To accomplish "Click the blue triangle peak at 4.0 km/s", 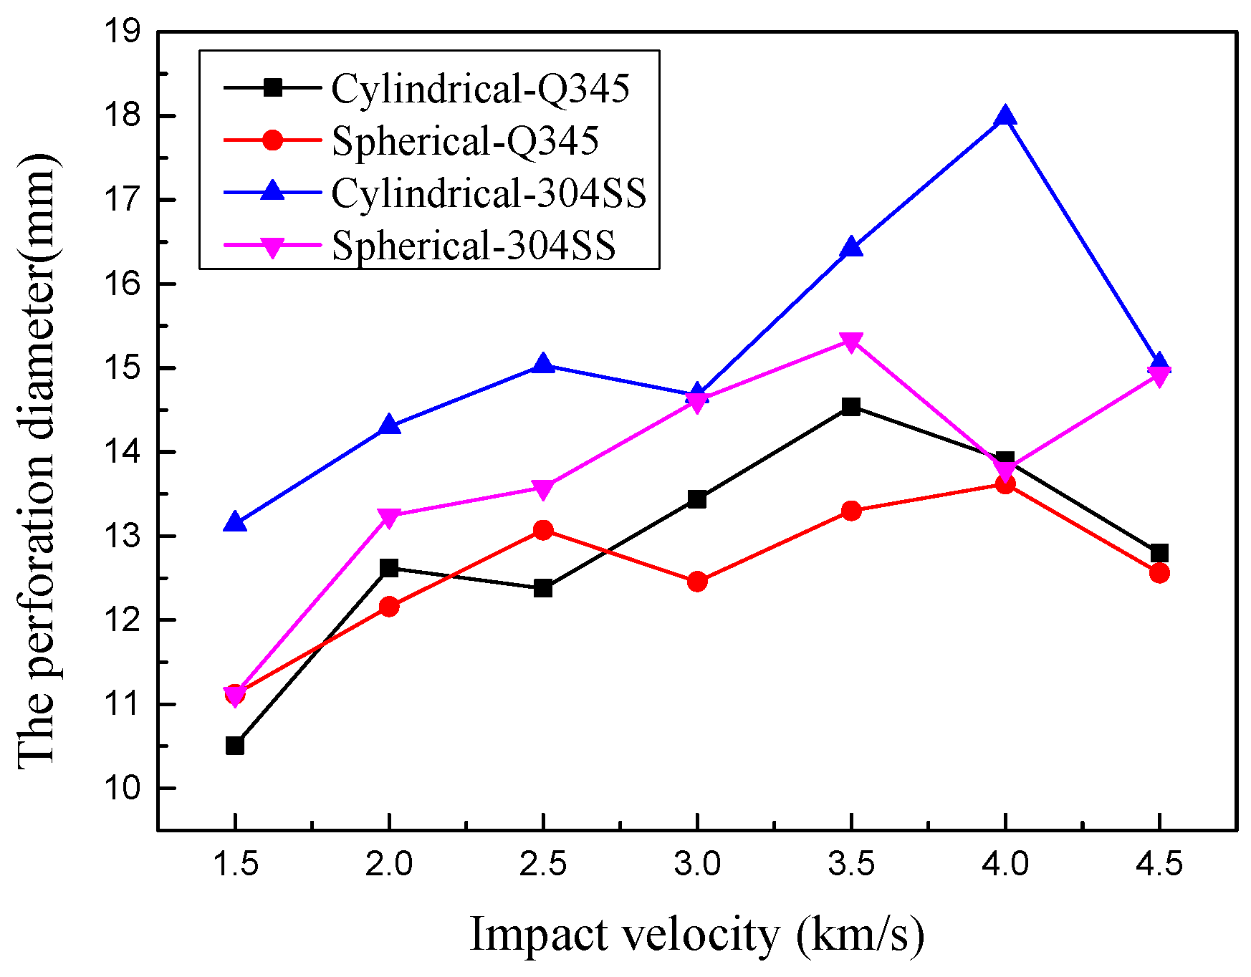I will (1005, 116).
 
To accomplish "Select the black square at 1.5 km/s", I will (235, 746).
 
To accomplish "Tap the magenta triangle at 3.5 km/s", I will (850, 342).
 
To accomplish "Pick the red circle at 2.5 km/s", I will (543, 530).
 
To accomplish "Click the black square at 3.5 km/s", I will (850, 407).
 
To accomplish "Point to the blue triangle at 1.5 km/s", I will (235, 523).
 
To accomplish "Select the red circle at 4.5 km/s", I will (1159, 572).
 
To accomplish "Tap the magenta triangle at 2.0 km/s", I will (389, 517).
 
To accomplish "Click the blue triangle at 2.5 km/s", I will (543, 365).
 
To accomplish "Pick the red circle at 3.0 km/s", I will (697, 582).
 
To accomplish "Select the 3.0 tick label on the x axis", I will (697, 865).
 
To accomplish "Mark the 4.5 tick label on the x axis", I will (1159, 865).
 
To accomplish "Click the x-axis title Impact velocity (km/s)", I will (697, 935).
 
